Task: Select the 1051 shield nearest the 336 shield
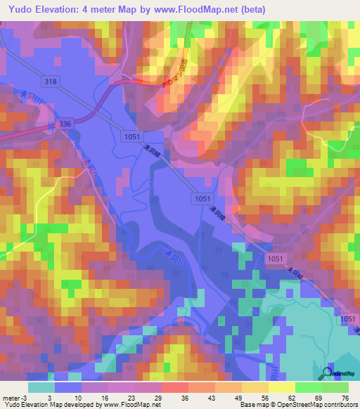[129, 135]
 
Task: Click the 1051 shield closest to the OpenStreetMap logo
[348, 319]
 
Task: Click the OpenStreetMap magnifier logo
[328, 373]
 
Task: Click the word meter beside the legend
[11, 398]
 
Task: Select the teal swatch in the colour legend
[41, 387]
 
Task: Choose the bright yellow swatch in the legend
[282, 387]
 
